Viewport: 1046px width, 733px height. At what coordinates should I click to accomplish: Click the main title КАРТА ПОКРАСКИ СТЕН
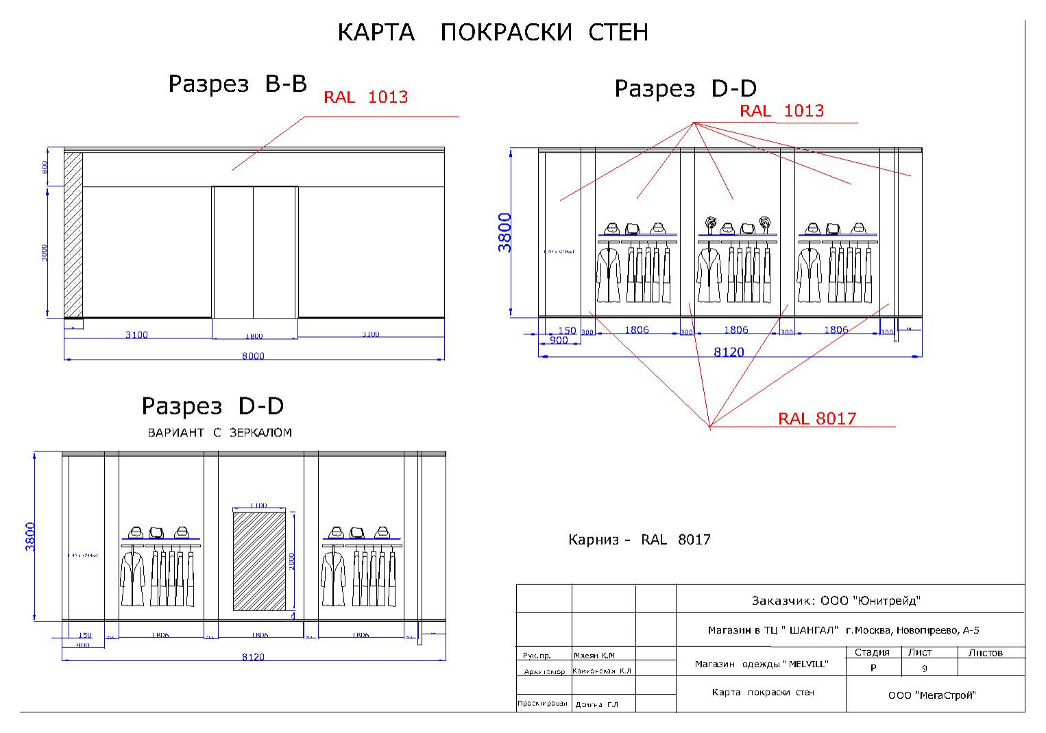coord(492,32)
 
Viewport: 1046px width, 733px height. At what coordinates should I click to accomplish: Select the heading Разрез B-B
coord(237,84)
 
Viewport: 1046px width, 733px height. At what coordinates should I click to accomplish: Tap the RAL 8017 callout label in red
coord(816,419)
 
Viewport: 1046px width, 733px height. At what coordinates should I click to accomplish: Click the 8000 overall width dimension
coord(253,356)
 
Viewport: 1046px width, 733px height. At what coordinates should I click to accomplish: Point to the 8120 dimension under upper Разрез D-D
coord(729,352)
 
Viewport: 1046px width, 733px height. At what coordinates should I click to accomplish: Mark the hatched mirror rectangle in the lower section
coord(259,560)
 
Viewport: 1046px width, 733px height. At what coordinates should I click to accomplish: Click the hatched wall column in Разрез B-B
coord(73,234)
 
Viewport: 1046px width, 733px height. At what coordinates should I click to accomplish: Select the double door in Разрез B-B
coord(254,251)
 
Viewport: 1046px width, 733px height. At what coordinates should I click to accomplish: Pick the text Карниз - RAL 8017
coord(639,540)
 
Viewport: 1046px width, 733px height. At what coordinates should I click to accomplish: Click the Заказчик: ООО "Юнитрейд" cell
coord(836,601)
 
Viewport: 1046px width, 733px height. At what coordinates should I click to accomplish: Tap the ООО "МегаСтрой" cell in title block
coord(932,695)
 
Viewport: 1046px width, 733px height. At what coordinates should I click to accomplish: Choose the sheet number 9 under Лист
coord(924,669)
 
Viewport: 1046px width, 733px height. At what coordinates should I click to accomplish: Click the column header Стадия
coord(872,653)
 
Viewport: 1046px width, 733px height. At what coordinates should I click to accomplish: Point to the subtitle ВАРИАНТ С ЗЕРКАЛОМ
coord(219,433)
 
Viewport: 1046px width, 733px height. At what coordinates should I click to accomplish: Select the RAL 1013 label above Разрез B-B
coord(365,97)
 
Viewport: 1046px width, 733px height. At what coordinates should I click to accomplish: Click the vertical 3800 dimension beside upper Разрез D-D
coord(504,233)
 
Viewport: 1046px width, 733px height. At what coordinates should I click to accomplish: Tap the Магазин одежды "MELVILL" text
coord(761,664)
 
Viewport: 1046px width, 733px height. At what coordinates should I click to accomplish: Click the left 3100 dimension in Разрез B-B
coord(136,335)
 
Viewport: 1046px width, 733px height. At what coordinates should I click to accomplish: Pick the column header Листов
coord(985,653)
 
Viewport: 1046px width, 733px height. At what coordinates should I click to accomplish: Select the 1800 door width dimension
coord(254,336)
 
